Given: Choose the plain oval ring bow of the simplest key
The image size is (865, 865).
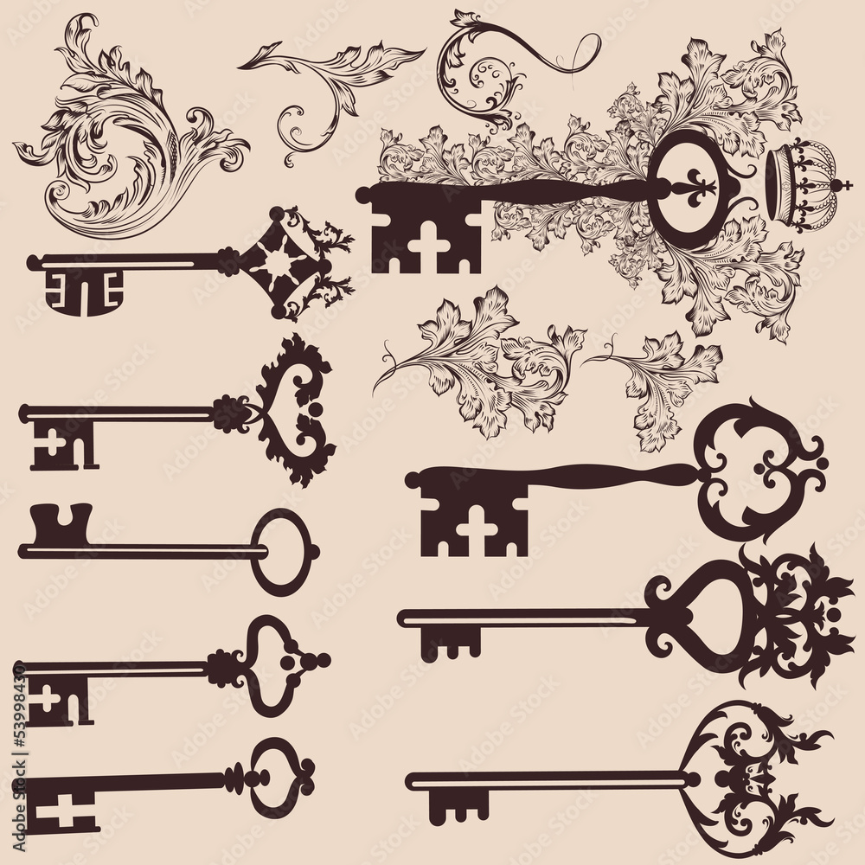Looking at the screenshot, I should tap(286, 551).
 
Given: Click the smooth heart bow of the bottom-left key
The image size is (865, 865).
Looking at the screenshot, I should tap(275, 774).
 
